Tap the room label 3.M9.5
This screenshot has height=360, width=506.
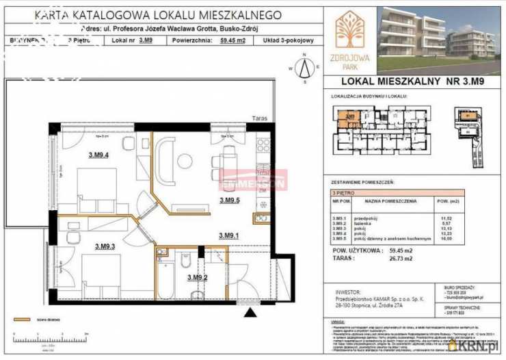click(229, 201)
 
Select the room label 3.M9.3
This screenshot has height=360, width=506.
click(105, 246)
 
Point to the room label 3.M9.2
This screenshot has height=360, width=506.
click(198, 277)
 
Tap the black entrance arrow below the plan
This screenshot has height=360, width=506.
click(251, 314)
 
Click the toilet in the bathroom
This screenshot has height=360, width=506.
click(185, 262)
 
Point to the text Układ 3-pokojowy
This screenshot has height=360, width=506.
click(284, 41)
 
